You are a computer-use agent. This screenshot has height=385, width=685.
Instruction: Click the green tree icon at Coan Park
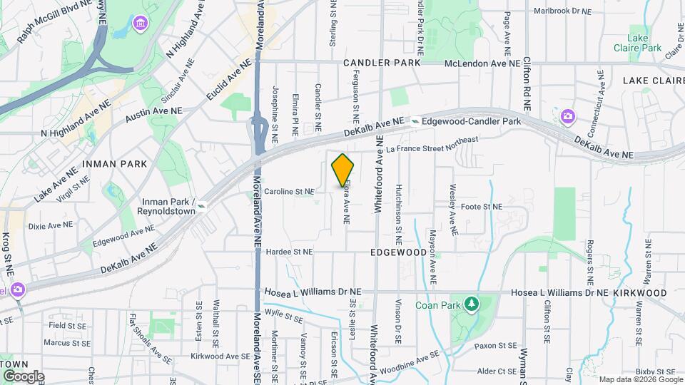tap(470, 305)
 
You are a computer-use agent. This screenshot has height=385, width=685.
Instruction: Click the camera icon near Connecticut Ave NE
tap(567, 115)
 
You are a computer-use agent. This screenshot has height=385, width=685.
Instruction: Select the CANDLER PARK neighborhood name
tap(377, 63)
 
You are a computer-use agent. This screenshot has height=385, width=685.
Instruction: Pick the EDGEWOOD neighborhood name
tap(398, 252)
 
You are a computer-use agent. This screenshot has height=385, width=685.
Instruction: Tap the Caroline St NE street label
tap(289, 192)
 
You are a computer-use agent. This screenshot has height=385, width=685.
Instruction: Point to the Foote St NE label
tap(482, 207)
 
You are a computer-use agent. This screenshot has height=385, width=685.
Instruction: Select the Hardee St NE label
tap(289, 252)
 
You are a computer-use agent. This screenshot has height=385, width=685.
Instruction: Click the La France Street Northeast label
tap(432, 145)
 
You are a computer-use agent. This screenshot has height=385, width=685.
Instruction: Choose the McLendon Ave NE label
tap(482, 63)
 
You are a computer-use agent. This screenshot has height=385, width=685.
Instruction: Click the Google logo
tap(23, 376)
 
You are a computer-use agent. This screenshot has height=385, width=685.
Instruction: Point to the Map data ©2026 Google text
tap(640, 379)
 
